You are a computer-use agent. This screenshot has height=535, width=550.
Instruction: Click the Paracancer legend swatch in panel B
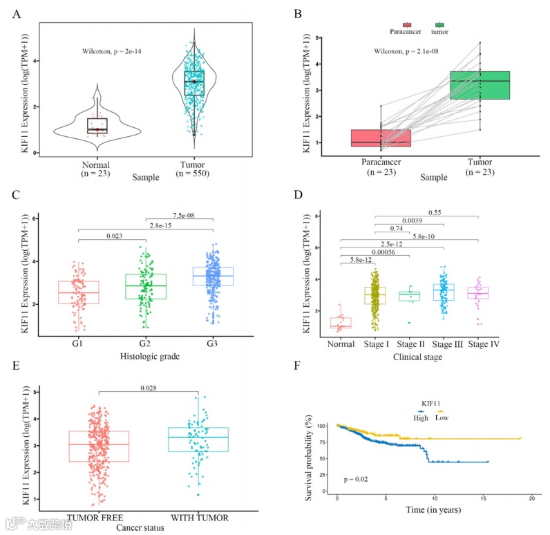pos(407,25)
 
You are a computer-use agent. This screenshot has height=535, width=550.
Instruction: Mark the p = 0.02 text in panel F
pos(358,478)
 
